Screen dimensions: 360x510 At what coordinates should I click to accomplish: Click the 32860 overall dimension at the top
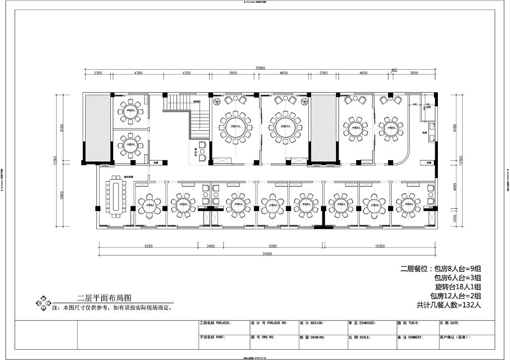tap(260, 68)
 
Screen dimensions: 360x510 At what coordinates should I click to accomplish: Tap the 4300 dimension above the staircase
tap(186, 73)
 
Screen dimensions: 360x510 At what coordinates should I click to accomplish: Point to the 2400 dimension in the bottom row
tap(210, 246)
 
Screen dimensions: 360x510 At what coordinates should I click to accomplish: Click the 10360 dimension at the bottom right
tap(379, 246)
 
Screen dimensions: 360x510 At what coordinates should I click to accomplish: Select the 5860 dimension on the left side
tap(61, 195)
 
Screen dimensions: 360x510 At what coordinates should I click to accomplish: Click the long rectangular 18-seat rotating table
tap(115, 196)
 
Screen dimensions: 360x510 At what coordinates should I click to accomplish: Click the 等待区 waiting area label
tap(196, 152)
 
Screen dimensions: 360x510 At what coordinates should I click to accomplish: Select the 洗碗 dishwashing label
tap(425, 133)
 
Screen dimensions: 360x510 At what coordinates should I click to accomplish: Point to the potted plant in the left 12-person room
tap(216, 102)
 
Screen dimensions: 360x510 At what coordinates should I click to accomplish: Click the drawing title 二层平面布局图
tap(104, 298)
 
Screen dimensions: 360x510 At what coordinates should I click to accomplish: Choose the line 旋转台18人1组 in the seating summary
tap(458, 287)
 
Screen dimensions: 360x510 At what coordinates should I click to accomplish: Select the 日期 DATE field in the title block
tap(449, 323)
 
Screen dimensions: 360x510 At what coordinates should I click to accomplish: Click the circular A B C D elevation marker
tap(43, 303)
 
